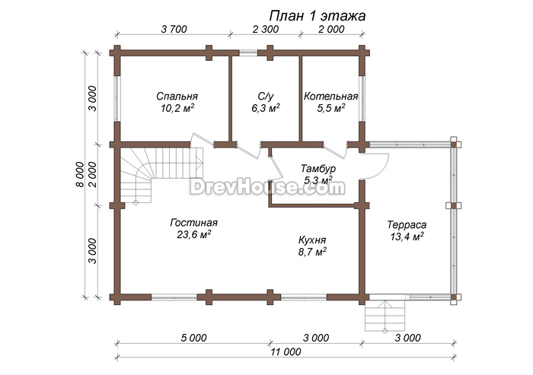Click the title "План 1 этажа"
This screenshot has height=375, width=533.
318,16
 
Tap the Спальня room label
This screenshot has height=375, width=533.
177,97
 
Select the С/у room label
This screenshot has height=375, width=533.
266,97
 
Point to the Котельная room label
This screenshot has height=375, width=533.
330,97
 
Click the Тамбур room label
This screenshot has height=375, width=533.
318,168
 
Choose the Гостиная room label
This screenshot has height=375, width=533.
193,223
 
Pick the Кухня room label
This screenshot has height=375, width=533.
312,240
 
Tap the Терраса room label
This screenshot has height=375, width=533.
407,225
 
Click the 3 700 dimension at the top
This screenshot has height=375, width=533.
174,29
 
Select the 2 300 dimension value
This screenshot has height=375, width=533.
266,29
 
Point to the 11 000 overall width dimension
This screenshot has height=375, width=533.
286,352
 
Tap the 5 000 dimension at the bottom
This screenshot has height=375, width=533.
193,338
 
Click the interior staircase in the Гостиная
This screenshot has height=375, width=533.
161,175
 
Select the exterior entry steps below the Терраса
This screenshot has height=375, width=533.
385,316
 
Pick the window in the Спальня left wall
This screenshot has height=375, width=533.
117,99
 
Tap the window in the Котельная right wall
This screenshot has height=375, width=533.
362,99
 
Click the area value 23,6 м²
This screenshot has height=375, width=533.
193,235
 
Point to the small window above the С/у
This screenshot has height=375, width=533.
248,52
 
